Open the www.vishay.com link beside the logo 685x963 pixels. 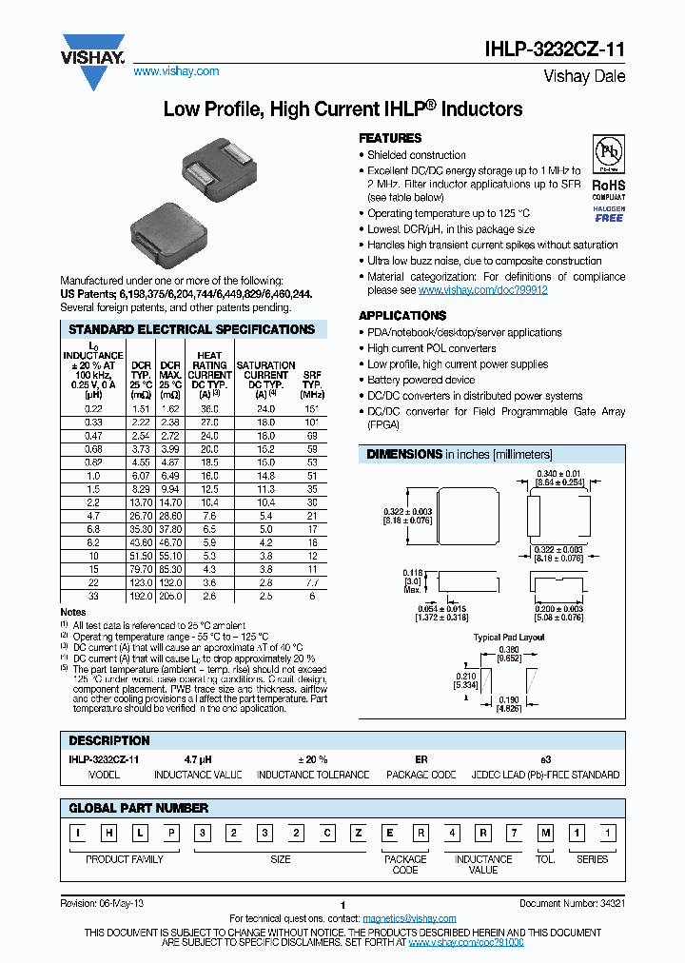click(x=176, y=71)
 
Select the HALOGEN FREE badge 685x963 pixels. click(x=610, y=213)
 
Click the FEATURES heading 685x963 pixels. click(x=390, y=138)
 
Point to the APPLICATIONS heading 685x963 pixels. click(x=401, y=315)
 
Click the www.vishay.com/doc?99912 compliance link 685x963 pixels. click(x=482, y=290)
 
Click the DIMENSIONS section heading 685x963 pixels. click(x=404, y=454)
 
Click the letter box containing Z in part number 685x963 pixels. click(x=360, y=834)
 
